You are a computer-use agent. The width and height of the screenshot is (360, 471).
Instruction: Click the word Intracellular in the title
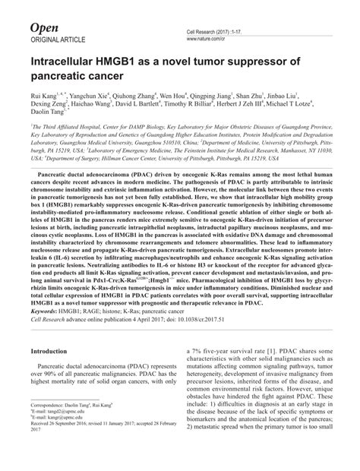pos(73,62)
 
